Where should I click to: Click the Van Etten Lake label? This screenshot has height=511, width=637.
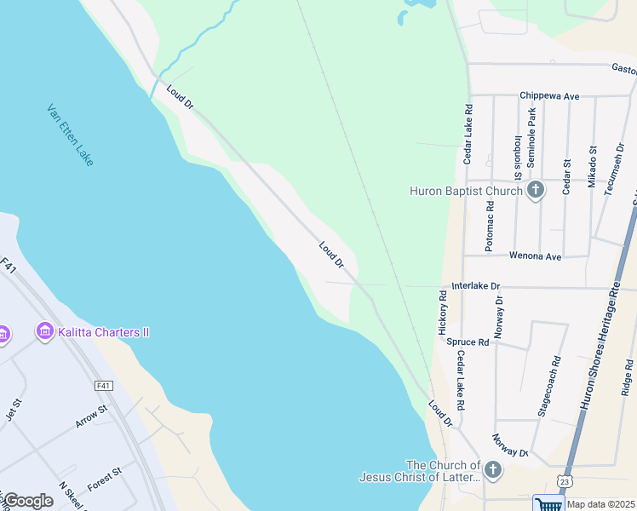coord(71,135)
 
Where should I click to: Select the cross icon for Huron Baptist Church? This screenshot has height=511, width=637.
coord(535,190)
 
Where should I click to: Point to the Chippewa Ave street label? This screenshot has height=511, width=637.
coord(550,96)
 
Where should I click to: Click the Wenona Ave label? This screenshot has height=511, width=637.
coord(535,255)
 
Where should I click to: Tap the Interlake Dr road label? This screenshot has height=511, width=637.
coord(476,286)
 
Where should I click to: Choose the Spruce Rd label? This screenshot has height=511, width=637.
coord(468,342)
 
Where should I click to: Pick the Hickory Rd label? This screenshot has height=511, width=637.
coord(443,311)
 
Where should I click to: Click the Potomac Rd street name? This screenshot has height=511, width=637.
coord(490,224)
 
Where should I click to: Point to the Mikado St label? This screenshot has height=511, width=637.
coord(593,167)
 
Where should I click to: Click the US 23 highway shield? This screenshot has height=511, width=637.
coord(565,483)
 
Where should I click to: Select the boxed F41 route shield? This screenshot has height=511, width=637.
coord(104,386)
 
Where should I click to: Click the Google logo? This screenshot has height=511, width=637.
coord(28,501)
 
